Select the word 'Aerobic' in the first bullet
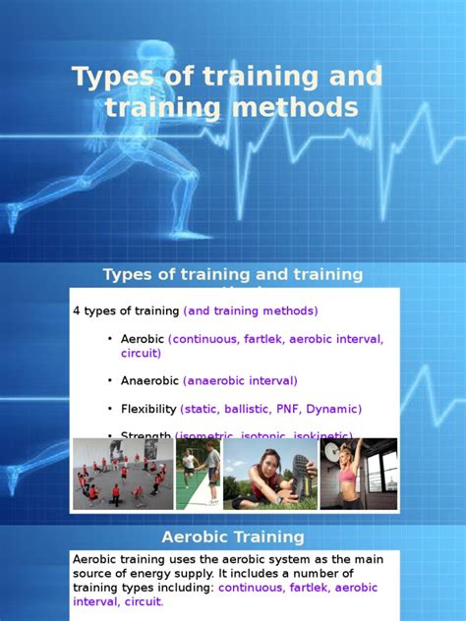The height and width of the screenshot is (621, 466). [x=142, y=339]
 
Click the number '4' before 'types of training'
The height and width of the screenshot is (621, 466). [x=77, y=310]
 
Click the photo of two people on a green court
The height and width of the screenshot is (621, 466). [x=201, y=474]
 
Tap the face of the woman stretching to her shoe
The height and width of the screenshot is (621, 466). [x=267, y=459]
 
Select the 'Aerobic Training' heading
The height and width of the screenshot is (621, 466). [x=232, y=536]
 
